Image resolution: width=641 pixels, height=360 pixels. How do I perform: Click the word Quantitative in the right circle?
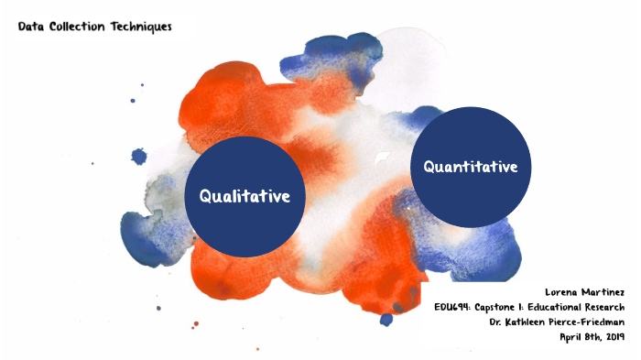pyautogui.click(x=471, y=167)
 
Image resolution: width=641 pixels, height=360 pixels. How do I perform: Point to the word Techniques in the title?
pyautogui.click(x=142, y=27)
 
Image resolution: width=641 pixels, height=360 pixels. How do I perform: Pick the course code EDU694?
pyautogui.click(x=453, y=306)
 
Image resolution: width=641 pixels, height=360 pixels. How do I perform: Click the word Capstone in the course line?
pyautogui.click(x=504, y=306)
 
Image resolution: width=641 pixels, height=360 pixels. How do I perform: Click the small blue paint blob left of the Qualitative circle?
pyautogui.click(x=139, y=157)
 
